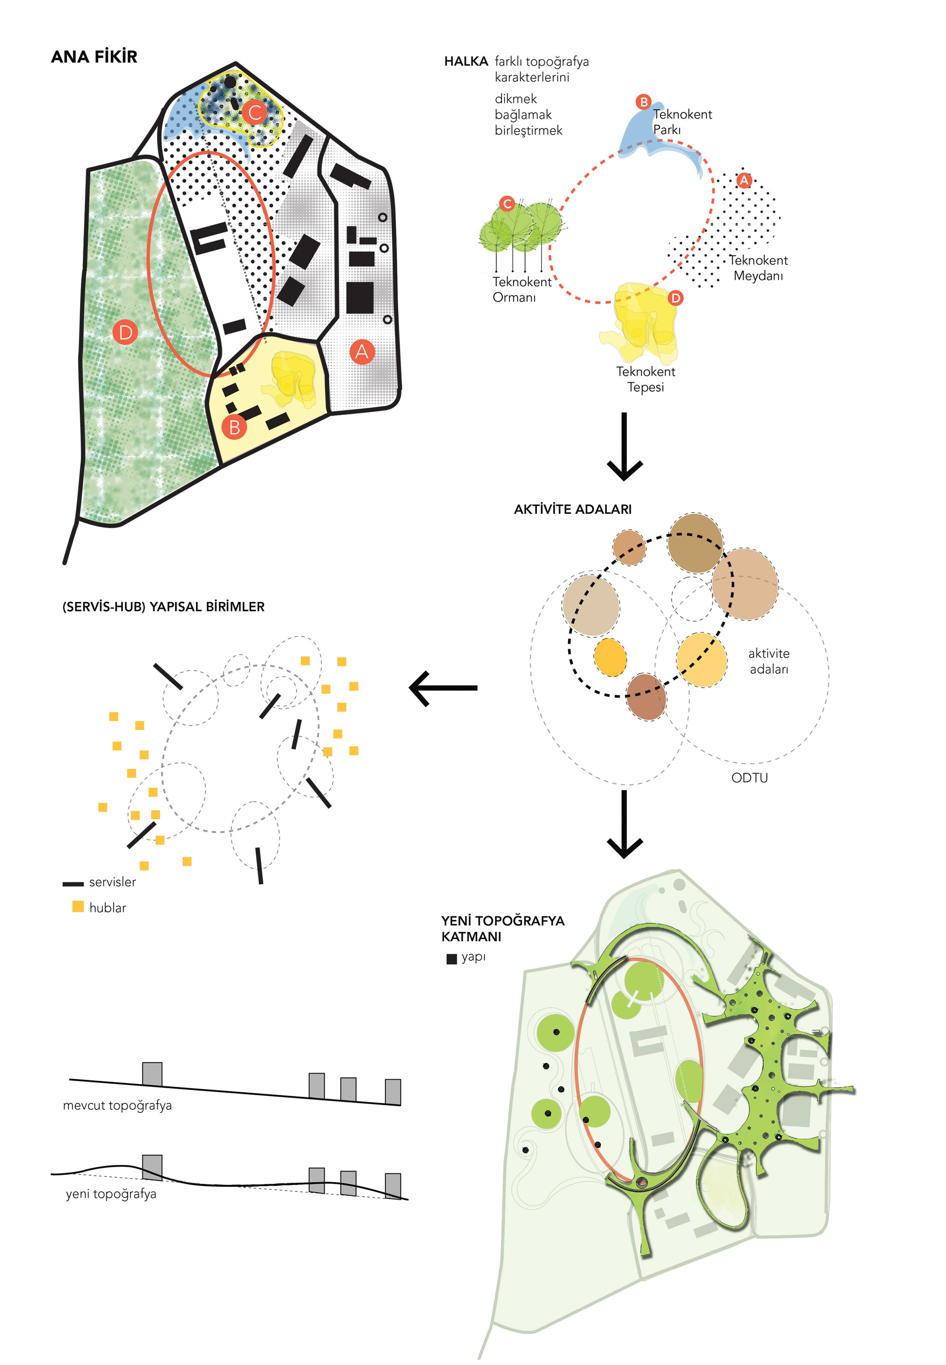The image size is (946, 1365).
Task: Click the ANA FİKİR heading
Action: point(94,57)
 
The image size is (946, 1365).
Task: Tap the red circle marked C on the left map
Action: point(255,112)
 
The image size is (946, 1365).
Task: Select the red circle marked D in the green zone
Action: point(125,332)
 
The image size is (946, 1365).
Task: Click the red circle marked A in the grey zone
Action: point(361,352)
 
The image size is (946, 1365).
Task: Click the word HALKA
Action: point(466,62)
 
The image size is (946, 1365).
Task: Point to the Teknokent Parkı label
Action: point(682,122)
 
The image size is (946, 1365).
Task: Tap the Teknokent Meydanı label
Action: point(758,268)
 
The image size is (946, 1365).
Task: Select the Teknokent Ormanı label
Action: point(522,290)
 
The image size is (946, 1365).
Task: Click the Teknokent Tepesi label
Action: point(646,379)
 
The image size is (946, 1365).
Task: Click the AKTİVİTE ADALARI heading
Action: point(573,510)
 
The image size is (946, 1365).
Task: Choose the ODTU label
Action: point(749,778)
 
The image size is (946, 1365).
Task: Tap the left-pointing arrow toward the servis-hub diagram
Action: point(443,688)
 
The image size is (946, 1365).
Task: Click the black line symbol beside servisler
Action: point(73,884)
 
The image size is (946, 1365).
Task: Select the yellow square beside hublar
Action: point(78,907)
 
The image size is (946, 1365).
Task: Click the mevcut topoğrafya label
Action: point(117,1105)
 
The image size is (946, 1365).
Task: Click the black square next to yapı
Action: point(452,959)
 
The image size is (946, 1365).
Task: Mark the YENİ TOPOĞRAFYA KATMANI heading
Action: point(503,929)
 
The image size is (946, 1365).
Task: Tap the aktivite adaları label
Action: point(769,661)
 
